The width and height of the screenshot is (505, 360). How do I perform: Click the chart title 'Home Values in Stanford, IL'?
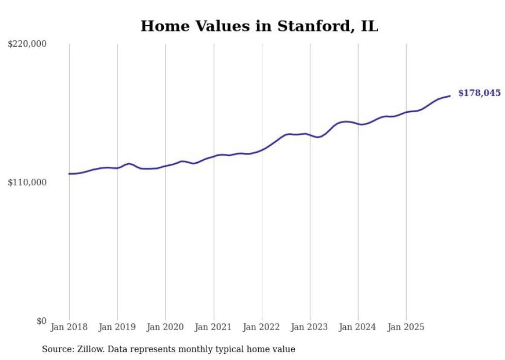tap(259, 26)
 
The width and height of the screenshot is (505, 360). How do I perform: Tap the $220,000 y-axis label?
tap(27, 44)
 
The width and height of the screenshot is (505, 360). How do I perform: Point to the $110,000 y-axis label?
tap(27, 182)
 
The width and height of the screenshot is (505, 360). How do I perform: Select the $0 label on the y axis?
tap(42, 321)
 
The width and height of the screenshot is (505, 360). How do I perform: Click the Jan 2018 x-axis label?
tap(69, 327)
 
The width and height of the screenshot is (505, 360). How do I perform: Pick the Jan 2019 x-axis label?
tap(117, 327)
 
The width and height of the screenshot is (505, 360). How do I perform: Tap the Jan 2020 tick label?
tap(165, 327)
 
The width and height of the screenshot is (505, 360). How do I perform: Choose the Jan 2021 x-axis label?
tap(213, 327)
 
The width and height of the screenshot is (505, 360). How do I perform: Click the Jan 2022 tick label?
tap(262, 327)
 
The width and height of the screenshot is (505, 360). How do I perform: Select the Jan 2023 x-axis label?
tap(310, 327)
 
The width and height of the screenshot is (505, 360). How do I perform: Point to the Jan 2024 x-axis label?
tap(358, 327)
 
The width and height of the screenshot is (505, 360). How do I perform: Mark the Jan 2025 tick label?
tap(406, 327)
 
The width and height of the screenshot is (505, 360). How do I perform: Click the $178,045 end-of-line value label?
tap(479, 93)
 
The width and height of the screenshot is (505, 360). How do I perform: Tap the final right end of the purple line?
tap(450, 96)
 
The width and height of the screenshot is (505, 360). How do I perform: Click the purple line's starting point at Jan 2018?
tap(69, 174)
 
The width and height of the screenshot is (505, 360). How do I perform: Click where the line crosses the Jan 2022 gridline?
tap(262, 150)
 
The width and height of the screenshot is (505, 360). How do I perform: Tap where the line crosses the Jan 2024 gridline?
tap(358, 124)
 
